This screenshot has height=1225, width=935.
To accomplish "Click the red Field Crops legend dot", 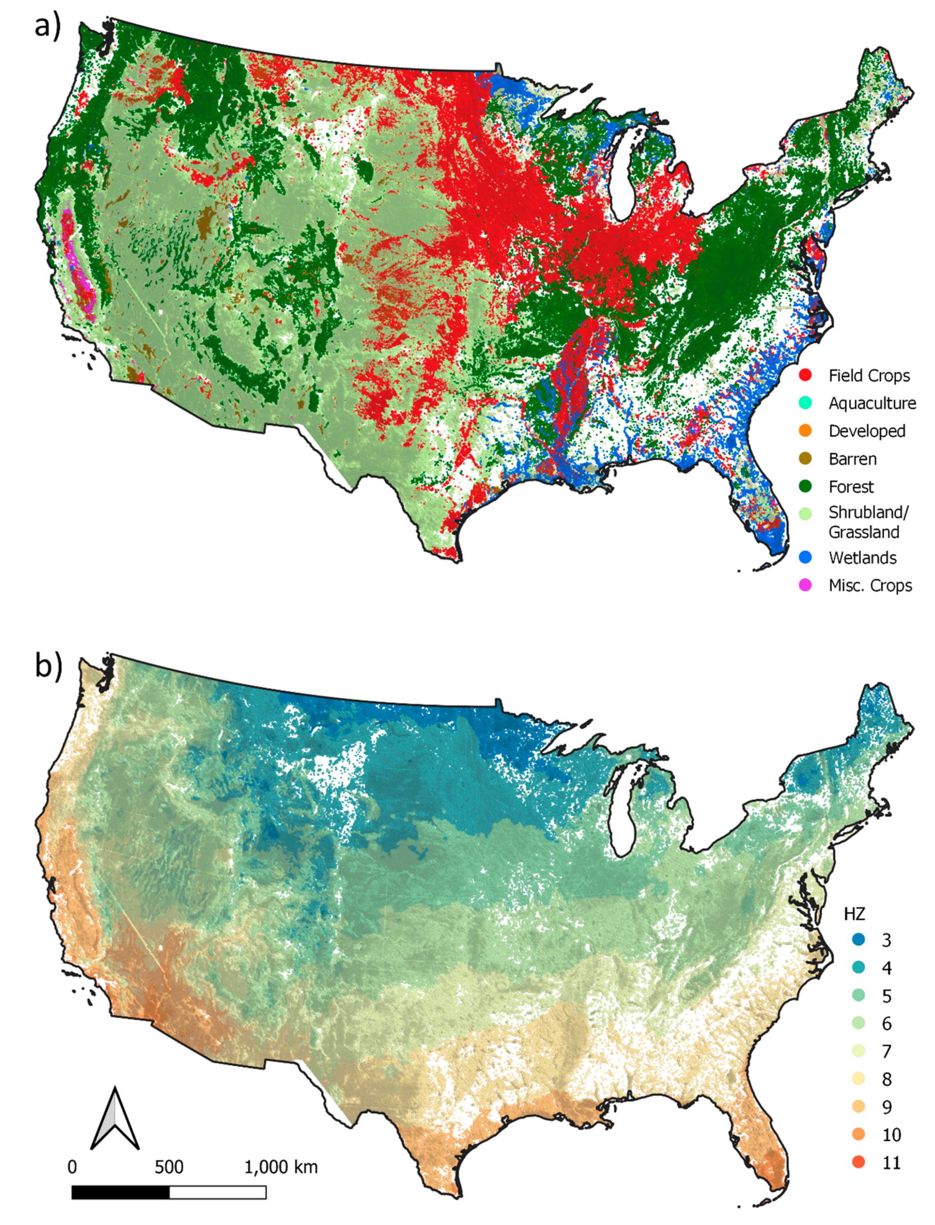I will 805,375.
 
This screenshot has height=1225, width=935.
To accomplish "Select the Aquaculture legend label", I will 871,403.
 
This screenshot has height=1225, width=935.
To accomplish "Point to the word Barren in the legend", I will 852,459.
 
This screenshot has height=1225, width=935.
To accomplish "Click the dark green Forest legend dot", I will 805,486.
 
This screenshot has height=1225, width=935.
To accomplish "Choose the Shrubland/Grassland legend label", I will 868,522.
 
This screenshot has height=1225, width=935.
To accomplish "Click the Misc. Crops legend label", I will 870,585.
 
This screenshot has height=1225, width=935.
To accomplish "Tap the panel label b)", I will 48,666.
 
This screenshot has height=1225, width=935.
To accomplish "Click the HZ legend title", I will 854,914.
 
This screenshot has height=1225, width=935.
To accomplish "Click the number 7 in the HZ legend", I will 887,1051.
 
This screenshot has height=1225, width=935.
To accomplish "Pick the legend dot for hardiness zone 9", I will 859,1106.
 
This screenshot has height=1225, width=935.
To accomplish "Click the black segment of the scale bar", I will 120,1192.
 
